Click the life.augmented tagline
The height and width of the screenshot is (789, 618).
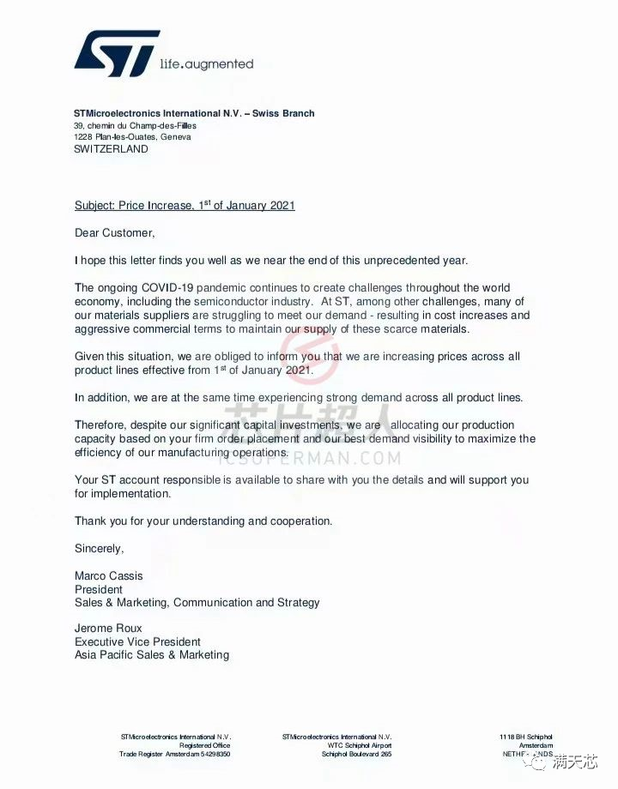point(207,63)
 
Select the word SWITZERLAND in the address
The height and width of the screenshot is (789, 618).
point(111,149)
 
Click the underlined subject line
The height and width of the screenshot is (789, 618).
point(185,206)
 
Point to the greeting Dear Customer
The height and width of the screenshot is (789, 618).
point(114,232)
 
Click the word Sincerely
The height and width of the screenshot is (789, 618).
point(99,548)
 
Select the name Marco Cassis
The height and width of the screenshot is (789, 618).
point(109,575)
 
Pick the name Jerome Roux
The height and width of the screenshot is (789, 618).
point(107,628)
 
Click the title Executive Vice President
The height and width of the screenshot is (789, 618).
point(137,641)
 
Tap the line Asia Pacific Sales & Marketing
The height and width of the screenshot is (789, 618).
point(152,655)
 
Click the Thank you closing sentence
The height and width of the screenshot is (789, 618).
point(203,521)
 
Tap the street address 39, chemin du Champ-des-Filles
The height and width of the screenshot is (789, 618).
point(135,126)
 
